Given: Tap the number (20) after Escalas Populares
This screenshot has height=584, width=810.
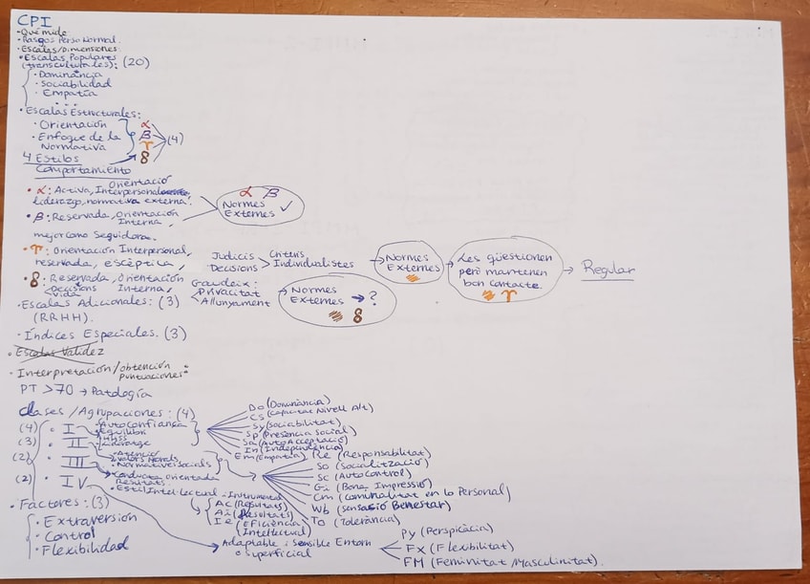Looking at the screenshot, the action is tap(136, 63).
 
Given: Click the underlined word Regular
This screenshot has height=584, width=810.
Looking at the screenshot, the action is tap(607, 270).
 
